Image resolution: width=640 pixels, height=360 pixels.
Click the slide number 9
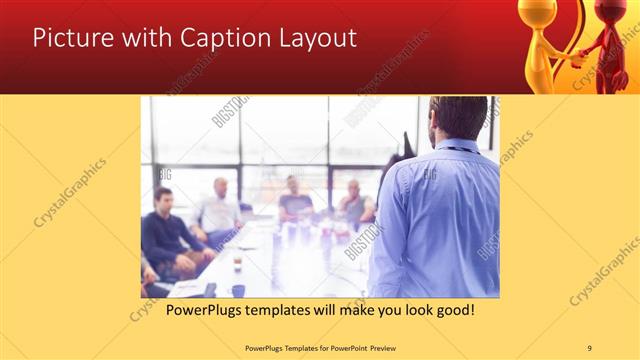coord(589,347)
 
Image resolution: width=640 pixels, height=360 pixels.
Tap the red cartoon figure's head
coord(611,14)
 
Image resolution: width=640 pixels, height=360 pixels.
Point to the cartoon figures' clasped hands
coord(577,57)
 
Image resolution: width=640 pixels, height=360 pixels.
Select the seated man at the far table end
coord(292,198)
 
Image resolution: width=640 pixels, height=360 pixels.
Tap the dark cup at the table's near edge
coord(238,290)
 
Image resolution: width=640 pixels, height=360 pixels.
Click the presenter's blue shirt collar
coord(459,144)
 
